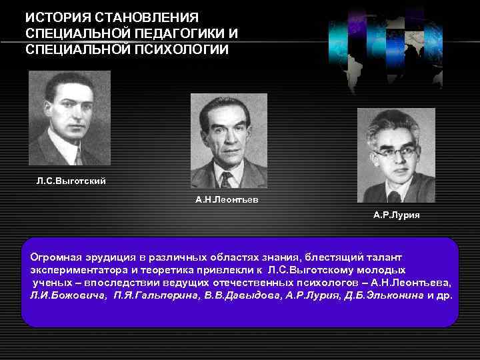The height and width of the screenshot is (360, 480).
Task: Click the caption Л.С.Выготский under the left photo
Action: [x=71, y=181]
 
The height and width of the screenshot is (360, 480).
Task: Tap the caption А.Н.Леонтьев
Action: [x=227, y=199]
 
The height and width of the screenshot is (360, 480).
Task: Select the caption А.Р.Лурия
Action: [x=397, y=215]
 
